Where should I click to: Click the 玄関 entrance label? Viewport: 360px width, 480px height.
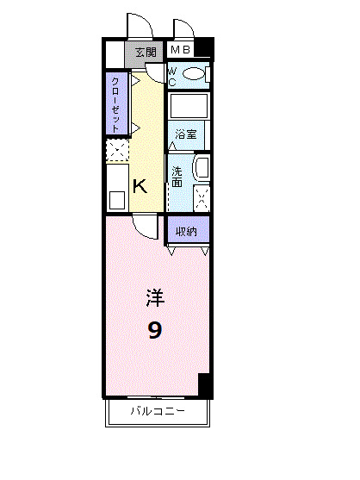tap(146, 53)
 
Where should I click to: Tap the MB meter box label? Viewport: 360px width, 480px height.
tap(180, 50)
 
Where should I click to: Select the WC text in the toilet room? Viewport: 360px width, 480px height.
tap(172, 77)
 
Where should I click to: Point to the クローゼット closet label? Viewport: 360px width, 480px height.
tap(115, 103)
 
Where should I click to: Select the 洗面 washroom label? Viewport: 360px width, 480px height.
tap(177, 177)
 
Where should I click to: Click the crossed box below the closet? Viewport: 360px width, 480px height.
tap(116, 152)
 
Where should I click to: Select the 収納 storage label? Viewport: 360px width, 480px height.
tap(188, 231)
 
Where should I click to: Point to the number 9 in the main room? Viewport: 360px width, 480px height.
tap(154, 330)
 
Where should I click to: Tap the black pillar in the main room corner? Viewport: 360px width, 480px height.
tap(204, 385)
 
